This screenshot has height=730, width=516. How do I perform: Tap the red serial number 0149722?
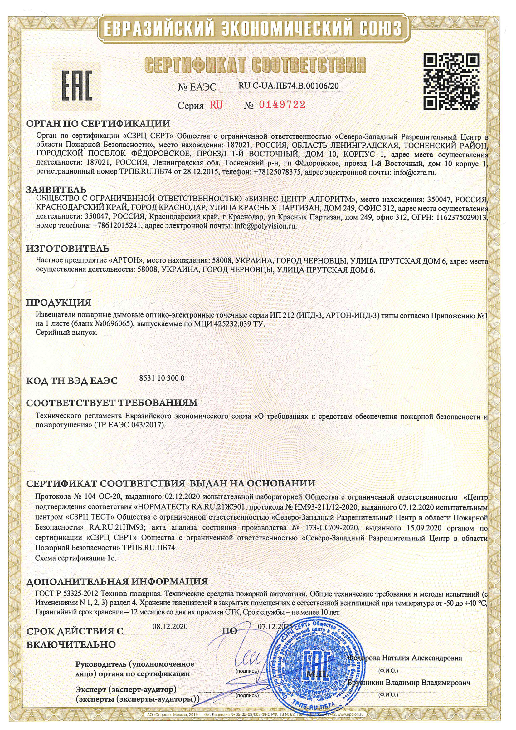coord(282,105)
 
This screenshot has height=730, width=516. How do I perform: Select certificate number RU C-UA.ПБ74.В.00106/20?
coord(289,86)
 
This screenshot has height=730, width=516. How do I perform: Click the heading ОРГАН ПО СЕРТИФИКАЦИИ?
coord(98,124)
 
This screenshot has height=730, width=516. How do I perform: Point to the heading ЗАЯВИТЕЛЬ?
coord(56,190)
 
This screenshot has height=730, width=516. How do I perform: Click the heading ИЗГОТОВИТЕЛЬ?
coord(68,248)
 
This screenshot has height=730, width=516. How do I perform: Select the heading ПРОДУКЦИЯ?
coord(59,302)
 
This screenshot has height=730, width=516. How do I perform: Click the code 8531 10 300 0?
coord(162,378)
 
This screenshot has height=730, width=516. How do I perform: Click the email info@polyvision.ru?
coord(265,226)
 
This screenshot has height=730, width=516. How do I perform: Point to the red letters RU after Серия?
coord(216,105)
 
